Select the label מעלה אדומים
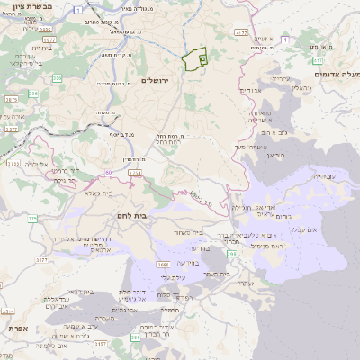336,73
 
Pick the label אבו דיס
251,90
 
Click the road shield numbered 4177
239,32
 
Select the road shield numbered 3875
11,100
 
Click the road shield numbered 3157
100,343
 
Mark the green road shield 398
231,255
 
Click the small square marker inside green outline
202,58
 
